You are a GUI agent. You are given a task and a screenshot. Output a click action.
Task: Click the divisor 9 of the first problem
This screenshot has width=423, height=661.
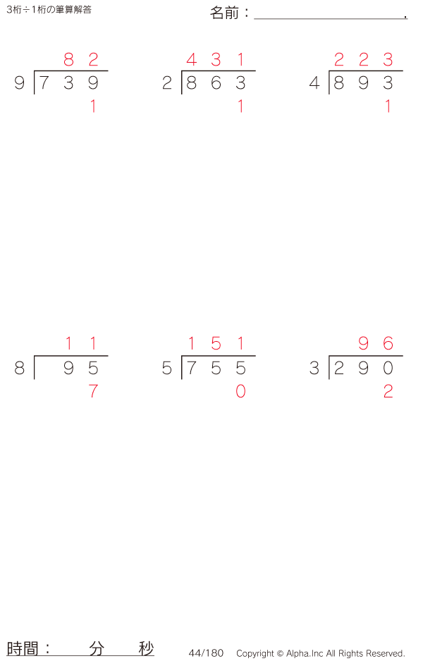[x=20, y=82]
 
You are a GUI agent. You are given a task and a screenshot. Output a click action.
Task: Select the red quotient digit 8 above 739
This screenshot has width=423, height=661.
[x=69, y=59]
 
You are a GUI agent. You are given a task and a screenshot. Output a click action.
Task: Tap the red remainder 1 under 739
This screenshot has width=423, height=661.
[x=93, y=106]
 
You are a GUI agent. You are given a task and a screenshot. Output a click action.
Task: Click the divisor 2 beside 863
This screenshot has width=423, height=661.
[x=167, y=82]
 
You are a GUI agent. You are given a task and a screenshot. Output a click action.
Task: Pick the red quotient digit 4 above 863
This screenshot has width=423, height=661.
[x=192, y=59]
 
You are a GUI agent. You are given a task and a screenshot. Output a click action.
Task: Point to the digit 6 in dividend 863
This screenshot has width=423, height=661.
[x=216, y=82]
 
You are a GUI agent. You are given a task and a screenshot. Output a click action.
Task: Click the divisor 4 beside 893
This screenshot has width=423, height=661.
[x=314, y=82]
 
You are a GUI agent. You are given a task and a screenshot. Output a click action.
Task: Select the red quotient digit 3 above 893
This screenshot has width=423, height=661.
[x=388, y=59]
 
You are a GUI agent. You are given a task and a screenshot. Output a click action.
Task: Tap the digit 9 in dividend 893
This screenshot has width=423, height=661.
[x=364, y=82]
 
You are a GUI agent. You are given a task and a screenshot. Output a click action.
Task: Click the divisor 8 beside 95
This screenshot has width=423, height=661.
[x=20, y=368]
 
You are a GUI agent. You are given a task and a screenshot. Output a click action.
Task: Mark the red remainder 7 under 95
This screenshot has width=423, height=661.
[x=93, y=391]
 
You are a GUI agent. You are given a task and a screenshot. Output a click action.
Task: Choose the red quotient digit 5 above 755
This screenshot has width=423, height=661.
[x=216, y=344]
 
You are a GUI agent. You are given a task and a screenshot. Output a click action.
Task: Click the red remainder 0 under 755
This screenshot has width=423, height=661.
[x=240, y=391]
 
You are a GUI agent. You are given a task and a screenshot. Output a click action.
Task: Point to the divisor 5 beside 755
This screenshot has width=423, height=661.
[x=167, y=368]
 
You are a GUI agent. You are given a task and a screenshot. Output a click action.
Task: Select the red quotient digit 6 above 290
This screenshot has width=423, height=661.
[x=388, y=344]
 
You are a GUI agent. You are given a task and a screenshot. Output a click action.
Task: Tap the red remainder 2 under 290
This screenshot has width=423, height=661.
[x=388, y=391]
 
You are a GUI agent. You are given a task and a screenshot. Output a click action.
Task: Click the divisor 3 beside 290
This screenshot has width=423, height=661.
[x=314, y=368]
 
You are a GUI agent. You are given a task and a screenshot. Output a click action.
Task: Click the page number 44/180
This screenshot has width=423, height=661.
[x=206, y=653]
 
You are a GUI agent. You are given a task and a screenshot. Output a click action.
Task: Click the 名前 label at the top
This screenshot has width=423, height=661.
[x=225, y=13]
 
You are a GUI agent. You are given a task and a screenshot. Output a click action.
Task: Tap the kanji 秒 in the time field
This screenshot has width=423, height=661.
[x=146, y=648]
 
